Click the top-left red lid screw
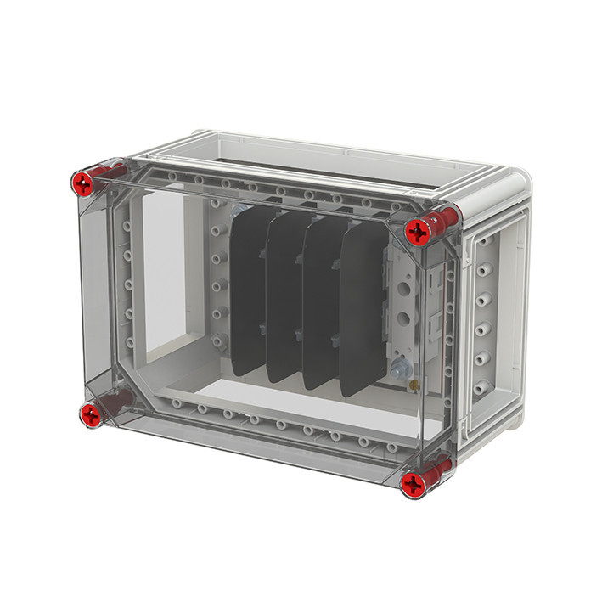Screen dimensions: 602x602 (82, 182)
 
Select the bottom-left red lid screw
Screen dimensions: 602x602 (90, 415)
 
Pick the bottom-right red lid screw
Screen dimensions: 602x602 (414, 485)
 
